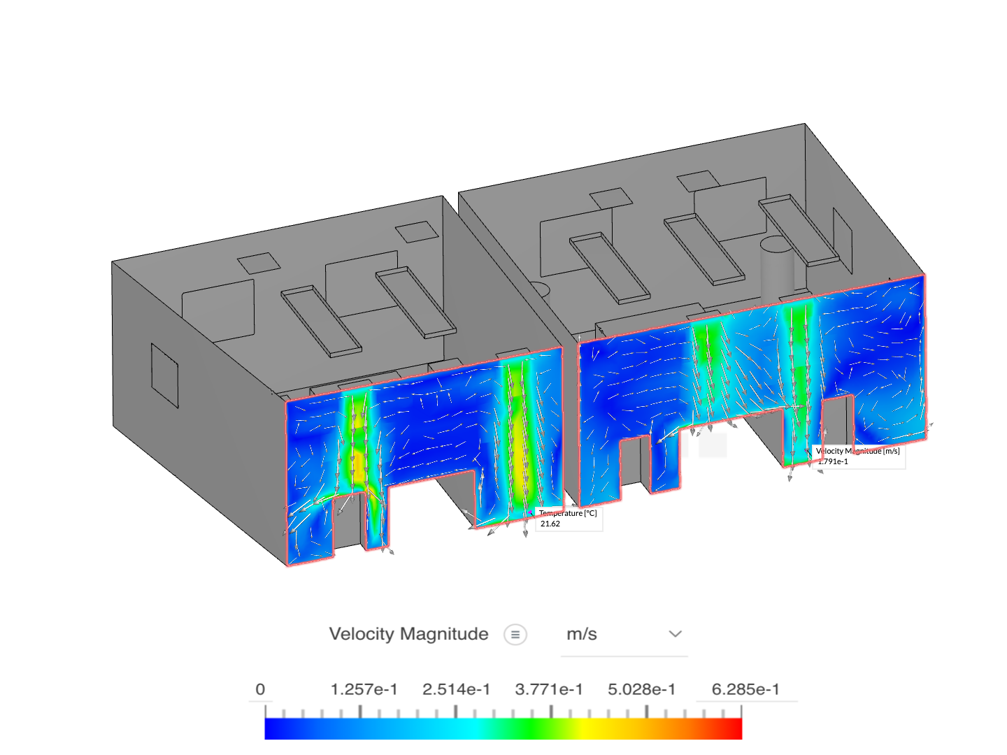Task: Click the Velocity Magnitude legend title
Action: pos(408,634)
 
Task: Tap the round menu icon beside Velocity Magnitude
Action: pos(515,635)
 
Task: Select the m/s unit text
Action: pos(581,635)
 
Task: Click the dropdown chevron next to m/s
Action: pos(675,634)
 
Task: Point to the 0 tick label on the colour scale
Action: pos(260,689)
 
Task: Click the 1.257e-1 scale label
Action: pos(364,689)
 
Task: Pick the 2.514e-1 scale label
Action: pos(456,689)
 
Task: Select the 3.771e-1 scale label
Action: pos(549,689)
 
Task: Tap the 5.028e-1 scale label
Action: pos(641,689)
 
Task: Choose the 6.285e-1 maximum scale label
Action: pos(745,689)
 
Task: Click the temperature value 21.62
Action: pos(550,524)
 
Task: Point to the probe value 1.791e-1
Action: pos(833,461)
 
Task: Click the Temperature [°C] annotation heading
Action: pos(568,513)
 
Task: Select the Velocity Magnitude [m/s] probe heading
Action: pos(858,451)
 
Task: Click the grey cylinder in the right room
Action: pos(777,269)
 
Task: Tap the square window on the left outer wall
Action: pos(165,375)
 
